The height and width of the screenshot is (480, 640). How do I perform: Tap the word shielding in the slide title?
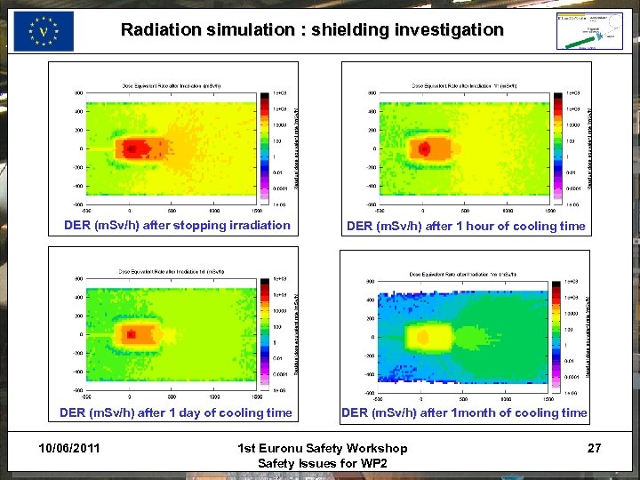click(350, 29)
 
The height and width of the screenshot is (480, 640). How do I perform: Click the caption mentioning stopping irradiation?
click(177, 225)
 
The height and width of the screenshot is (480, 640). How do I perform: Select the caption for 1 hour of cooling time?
click(466, 226)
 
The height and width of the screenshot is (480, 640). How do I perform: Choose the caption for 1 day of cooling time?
click(175, 412)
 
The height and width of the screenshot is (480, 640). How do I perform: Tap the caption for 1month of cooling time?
click(464, 412)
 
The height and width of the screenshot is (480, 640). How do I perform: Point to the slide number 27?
click(594, 448)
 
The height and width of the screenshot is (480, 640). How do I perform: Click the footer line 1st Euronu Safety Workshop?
click(324, 448)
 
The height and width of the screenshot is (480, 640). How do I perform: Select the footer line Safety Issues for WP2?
click(324, 463)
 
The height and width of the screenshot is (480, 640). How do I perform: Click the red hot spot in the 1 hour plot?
click(425, 148)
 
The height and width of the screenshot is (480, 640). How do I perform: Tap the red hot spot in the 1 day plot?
click(131, 334)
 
